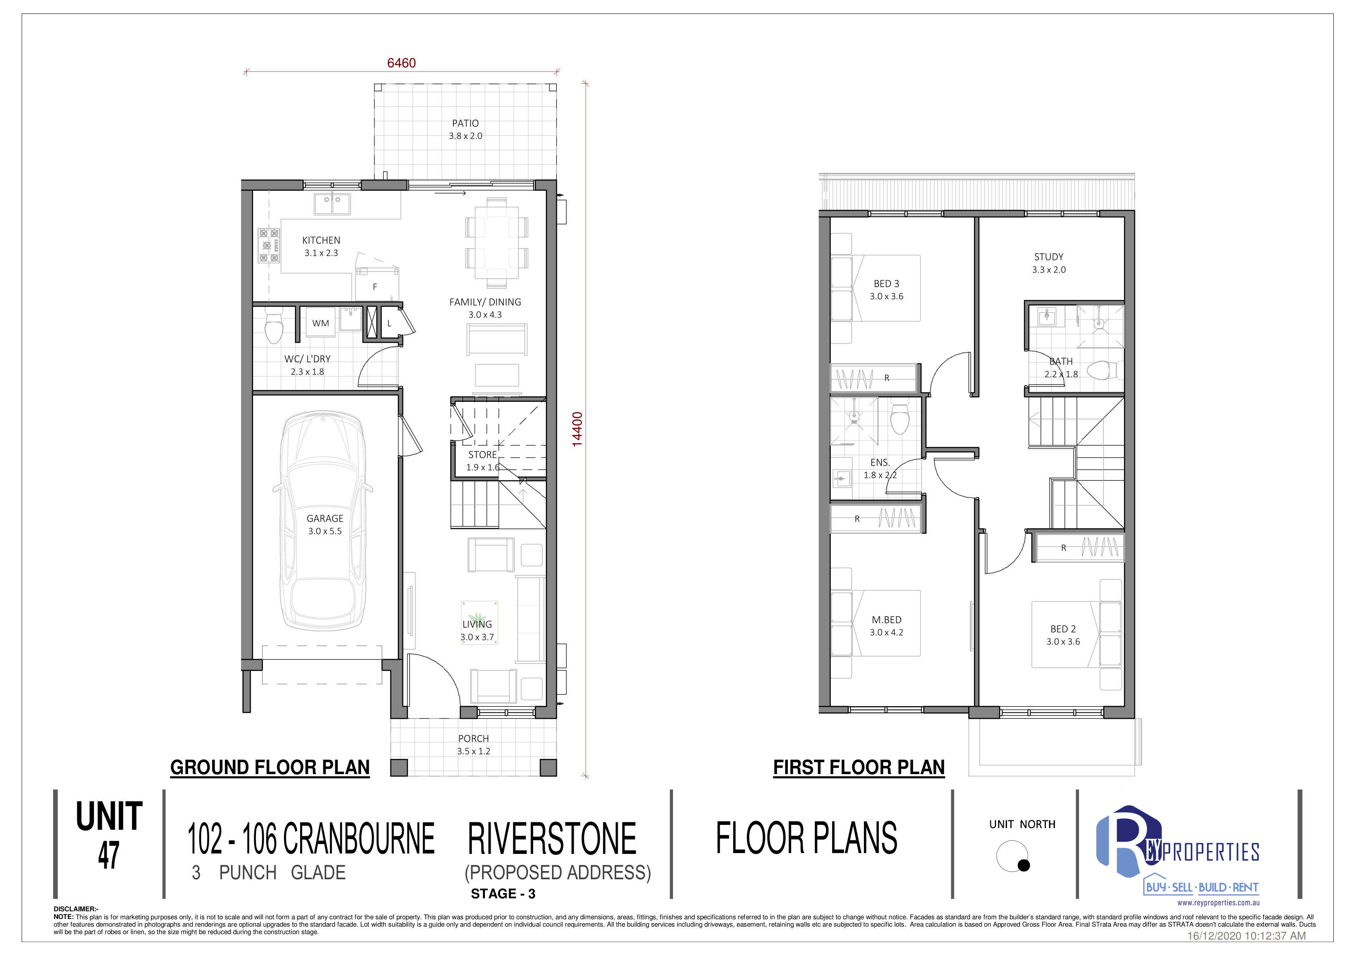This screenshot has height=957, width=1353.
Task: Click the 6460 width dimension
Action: tap(401, 63)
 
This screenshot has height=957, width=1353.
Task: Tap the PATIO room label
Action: tap(466, 123)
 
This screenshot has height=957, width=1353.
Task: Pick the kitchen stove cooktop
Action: tap(269, 245)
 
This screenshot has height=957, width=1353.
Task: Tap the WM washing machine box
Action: tap(321, 323)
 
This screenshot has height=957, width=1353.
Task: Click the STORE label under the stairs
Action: tap(482, 455)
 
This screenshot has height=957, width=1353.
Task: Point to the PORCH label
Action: tap(474, 738)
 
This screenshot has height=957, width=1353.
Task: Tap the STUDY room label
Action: tap(1049, 257)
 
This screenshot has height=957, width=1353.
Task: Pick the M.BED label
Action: tap(887, 620)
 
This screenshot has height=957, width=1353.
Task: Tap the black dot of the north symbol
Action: tap(1024, 865)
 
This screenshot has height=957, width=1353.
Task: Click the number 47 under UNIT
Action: tap(109, 855)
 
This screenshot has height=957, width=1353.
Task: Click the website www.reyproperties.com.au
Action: tap(1218, 903)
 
